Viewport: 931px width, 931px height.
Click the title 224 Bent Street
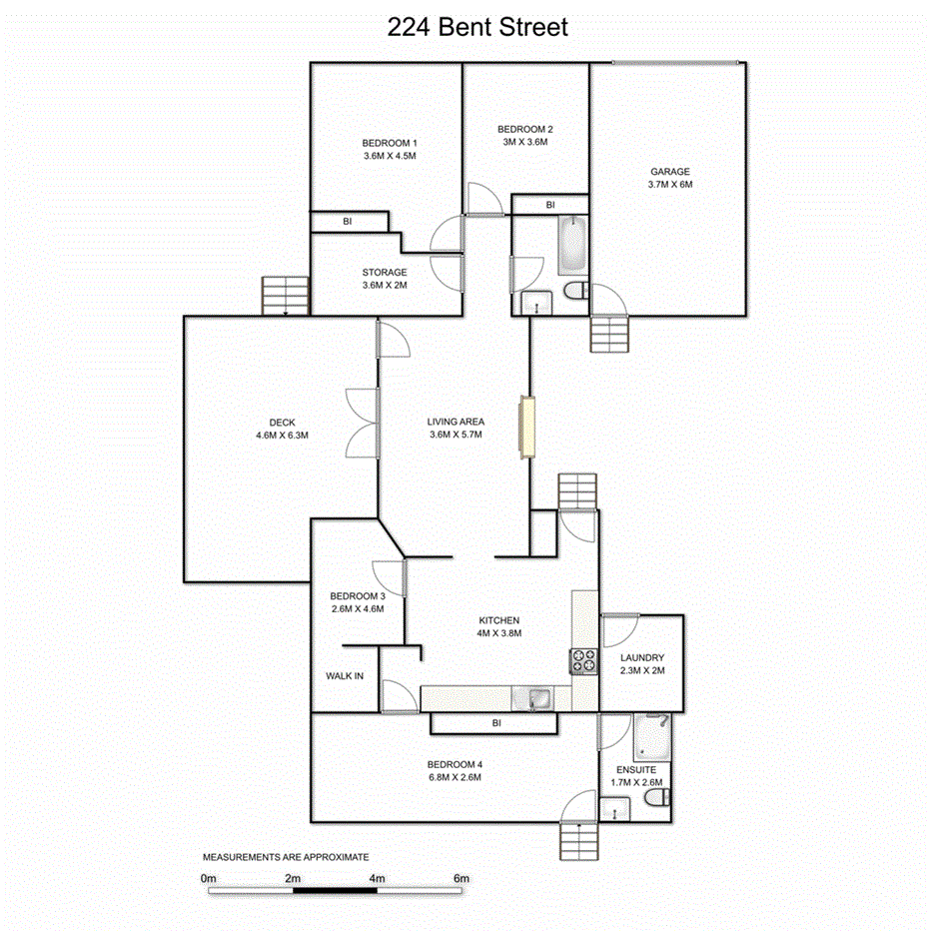(x=477, y=27)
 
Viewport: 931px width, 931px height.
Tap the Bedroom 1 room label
(x=390, y=143)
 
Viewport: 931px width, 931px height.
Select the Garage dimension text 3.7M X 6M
(x=669, y=184)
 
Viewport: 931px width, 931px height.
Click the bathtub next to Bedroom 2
(x=572, y=245)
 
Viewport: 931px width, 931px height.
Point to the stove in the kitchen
(x=583, y=660)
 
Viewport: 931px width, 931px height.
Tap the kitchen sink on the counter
(x=538, y=697)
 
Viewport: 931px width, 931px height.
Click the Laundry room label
(x=641, y=657)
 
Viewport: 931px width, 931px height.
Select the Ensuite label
(x=635, y=770)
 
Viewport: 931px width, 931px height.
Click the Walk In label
(x=345, y=676)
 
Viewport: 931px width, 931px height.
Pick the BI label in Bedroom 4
(x=495, y=722)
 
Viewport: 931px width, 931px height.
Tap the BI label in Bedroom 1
(x=348, y=222)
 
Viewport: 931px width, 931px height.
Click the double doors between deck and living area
(x=362, y=423)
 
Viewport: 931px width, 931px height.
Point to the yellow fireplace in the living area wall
(x=525, y=428)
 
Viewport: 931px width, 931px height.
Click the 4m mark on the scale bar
(x=378, y=879)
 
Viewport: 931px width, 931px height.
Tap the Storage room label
(x=385, y=272)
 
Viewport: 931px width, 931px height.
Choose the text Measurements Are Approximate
(x=287, y=857)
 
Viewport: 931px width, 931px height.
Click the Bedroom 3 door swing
(x=388, y=576)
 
